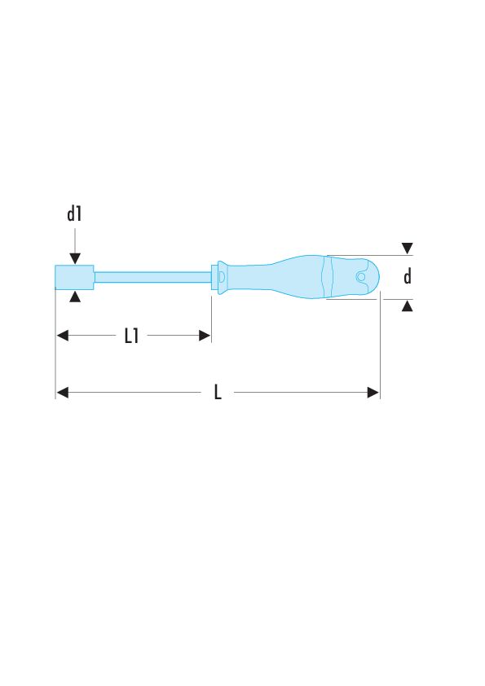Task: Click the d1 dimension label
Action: point(74,214)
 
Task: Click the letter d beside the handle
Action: point(408,277)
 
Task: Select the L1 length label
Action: point(131,336)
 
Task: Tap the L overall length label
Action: point(218,393)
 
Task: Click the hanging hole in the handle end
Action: point(361,277)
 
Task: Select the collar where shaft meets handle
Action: point(217,276)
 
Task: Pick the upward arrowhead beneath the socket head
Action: point(75,297)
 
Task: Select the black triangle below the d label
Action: point(408,305)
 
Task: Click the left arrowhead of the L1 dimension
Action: point(62,335)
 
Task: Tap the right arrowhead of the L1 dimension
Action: point(205,335)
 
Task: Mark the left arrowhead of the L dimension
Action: point(62,393)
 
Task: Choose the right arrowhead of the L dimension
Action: point(373,393)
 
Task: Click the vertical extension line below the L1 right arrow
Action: point(212,318)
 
